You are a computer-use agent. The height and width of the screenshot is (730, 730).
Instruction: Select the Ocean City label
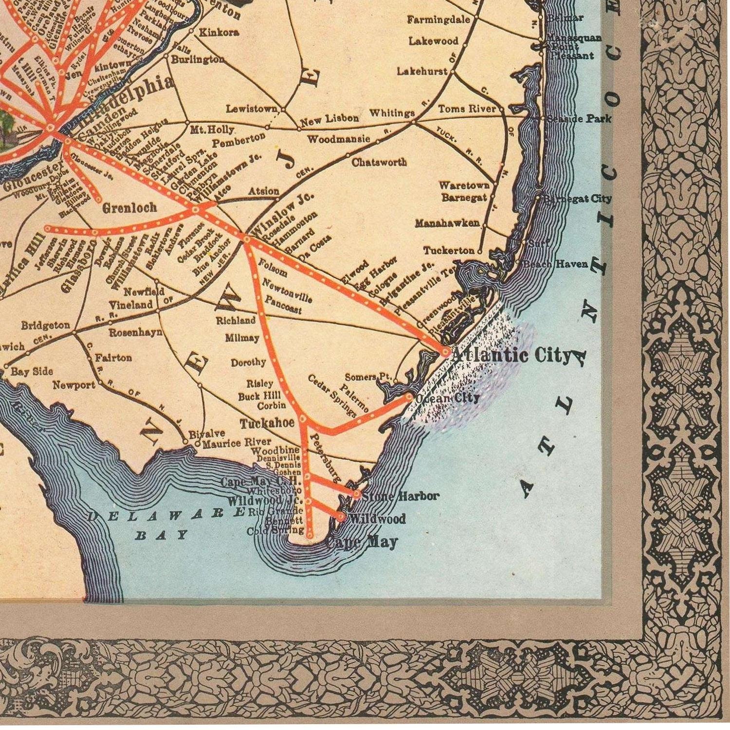(x=448, y=398)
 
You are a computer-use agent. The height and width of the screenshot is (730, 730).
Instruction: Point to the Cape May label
(x=363, y=542)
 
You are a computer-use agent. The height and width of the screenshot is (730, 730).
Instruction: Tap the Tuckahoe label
(x=267, y=423)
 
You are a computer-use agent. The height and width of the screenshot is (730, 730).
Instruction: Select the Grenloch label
(x=129, y=208)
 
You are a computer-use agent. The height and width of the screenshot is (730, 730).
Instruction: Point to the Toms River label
(x=467, y=109)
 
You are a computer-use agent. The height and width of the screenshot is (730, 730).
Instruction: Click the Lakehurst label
(x=422, y=71)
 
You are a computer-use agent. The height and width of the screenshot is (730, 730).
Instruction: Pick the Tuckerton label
(x=448, y=251)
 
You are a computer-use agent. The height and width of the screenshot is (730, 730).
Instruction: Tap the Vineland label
(x=130, y=305)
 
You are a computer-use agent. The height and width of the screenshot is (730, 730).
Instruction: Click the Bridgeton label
(x=45, y=325)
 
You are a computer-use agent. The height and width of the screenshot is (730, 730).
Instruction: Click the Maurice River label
(x=237, y=443)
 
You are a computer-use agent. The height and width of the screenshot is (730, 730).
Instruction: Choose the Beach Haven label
(x=556, y=264)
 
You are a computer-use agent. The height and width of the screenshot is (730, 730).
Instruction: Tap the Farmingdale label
(x=439, y=19)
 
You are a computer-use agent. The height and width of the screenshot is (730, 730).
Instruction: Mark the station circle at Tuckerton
(x=479, y=252)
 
